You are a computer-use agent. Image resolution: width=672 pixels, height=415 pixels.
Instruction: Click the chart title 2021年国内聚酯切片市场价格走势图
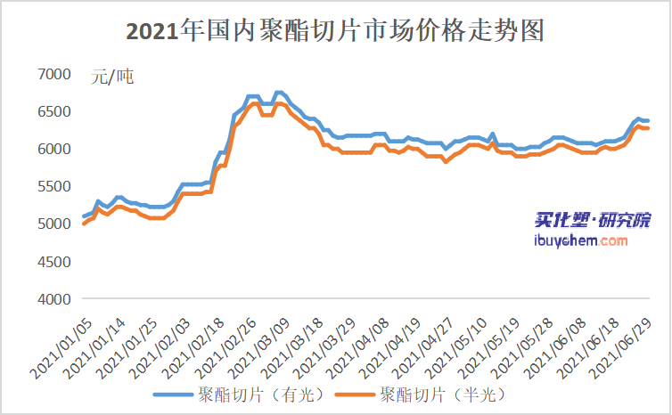pos(335,31)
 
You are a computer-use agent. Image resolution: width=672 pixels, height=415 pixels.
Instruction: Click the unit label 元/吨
pos(111,77)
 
